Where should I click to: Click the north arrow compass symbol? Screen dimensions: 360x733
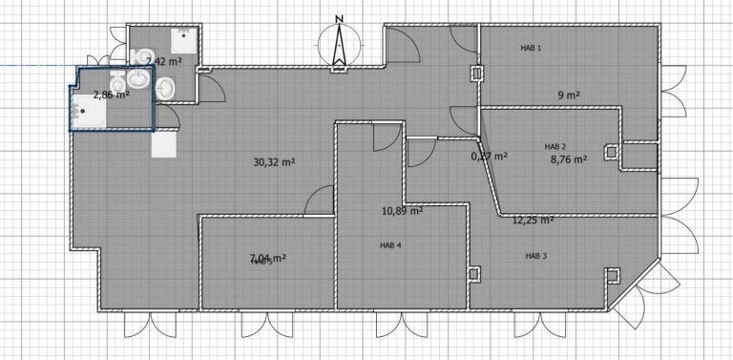coord(336,45)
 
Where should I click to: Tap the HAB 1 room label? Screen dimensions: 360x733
coord(531,48)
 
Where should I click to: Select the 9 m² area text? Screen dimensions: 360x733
coord(570,95)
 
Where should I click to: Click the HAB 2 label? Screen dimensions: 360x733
coord(555,146)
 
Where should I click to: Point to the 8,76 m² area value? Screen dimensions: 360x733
coord(570,160)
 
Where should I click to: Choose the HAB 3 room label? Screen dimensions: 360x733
coord(535,256)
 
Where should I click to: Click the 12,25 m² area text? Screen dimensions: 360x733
coord(533,220)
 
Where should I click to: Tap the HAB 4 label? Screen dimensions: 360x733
coord(390,245)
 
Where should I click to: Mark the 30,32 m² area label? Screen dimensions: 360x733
coord(274,162)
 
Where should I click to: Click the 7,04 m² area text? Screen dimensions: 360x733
coord(268,258)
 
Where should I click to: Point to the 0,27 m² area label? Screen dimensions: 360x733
coord(489,156)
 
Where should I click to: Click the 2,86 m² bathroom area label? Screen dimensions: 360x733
coord(110,95)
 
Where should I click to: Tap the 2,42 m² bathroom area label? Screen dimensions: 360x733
coord(164,61)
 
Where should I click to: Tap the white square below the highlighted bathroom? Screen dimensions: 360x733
coord(163,144)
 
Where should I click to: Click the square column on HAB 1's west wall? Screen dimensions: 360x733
coord(477,74)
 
